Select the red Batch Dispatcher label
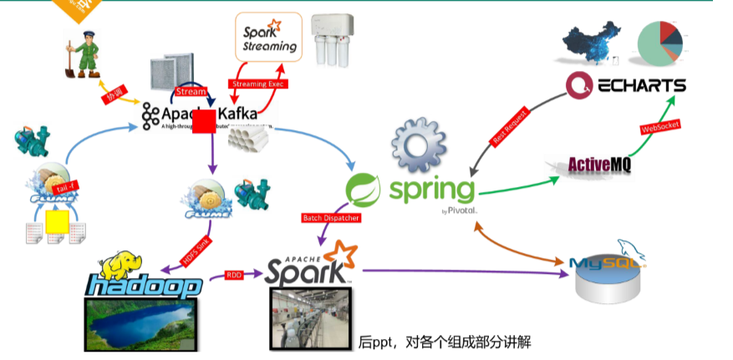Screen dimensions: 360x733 (x=330, y=218)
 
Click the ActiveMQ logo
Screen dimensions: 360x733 (x=599, y=164)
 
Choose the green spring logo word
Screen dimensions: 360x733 (x=430, y=189)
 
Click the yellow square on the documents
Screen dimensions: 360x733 (x=57, y=221)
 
